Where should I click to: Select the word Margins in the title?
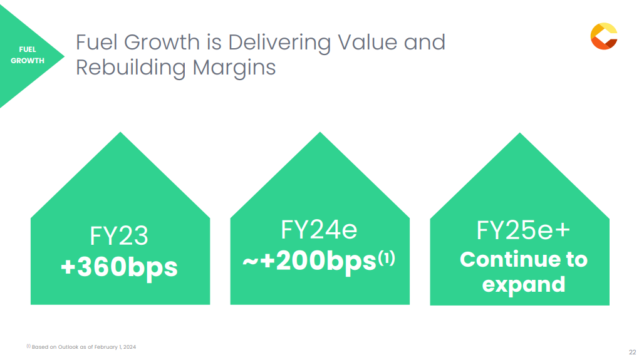pos(234,68)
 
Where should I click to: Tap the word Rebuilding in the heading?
pos(131,68)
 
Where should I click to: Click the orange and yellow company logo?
pos(604,36)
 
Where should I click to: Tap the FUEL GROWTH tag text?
pos(28,55)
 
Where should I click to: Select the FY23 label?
pos(118,236)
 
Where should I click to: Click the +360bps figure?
pos(119,267)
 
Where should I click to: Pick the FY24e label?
pos(319,230)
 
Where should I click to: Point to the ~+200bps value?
pos(309,261)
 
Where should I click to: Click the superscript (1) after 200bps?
pos(387,258)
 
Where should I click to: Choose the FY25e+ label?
pos(523,230)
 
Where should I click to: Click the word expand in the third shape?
pos(524,285)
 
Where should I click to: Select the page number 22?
pos(633,352)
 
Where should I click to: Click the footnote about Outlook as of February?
pos(81,347)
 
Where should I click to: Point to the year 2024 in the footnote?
pos(130,347)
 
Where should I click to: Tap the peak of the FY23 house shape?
pos(120,132)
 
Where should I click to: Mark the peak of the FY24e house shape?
pos(320,132)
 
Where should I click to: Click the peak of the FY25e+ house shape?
pos(519,133)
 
